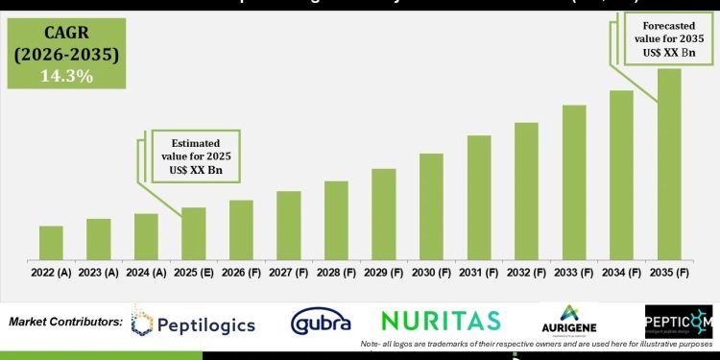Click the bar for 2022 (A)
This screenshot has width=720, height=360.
click(x=51, y=243)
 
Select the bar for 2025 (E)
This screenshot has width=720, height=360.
click(x=194, y=233)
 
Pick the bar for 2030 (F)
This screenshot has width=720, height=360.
click(x=431, y=206)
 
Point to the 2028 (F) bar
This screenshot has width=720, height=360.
click(x=336, y=220)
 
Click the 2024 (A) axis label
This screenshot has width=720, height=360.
click(x=146, y=274)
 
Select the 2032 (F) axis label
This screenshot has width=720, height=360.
click(x=526, y=274)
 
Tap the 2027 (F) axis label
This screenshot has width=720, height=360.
click(x=288, y=274)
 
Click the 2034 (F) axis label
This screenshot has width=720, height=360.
click(x=621, y=274)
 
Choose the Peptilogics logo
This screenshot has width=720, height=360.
click(x=194, y=324)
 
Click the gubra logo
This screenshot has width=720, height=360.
click(x=321, y=322)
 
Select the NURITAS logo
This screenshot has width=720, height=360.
click(x=441, y=321)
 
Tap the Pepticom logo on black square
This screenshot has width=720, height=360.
click(x=678, y=322)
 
